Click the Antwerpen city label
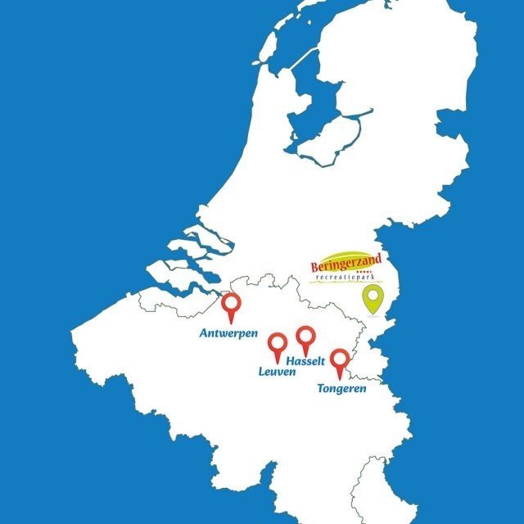coord(229,333)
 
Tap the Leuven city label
coord(276,373)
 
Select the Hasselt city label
coord(304,360)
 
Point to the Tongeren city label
coord(341,388)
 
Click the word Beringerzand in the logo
coord(346,265)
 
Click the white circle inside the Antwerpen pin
coord(233,303)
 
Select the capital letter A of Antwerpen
coord(204,333)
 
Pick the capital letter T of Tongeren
coord(320,388)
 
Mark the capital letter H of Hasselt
coord(286,360)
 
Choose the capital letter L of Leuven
coord(261,373)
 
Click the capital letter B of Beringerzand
coord(317,267)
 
